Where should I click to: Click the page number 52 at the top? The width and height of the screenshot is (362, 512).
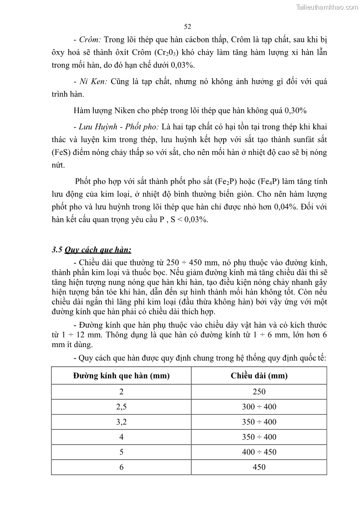point(187,26)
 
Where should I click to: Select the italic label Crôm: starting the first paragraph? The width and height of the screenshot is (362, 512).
point(90,40)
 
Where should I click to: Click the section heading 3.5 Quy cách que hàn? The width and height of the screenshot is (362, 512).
point(92,250)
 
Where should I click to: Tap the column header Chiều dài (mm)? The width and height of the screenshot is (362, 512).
point(259,376)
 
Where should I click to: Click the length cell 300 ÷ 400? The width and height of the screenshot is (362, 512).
point(259,407)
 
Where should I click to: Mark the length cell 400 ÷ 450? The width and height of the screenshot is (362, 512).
point(259,452)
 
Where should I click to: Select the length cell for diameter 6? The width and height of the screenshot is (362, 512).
point(259,467)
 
